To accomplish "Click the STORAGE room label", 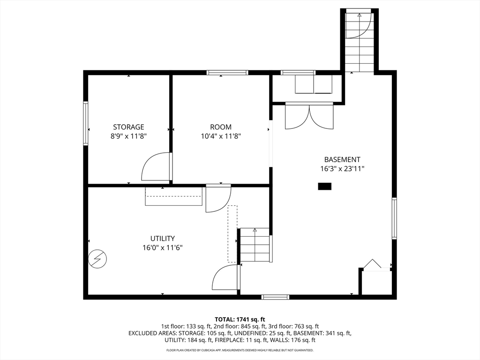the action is point(128,127).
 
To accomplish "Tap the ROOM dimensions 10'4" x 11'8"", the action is point(221,136).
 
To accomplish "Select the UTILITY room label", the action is point(163,238).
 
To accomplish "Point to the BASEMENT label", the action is point(342,159).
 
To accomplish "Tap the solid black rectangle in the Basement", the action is point(324,186).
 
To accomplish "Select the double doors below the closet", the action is point(309,117).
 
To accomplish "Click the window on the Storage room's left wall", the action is point(86,123).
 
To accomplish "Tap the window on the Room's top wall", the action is point(227,73).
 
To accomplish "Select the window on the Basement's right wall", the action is point(394,218).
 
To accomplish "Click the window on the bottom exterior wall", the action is point(275,297).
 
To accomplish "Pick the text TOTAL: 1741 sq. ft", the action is point(240,320).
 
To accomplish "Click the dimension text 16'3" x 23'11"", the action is point(342,168).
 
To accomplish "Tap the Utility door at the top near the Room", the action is point(218,198).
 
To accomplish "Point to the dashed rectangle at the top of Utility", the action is point(173,196).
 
